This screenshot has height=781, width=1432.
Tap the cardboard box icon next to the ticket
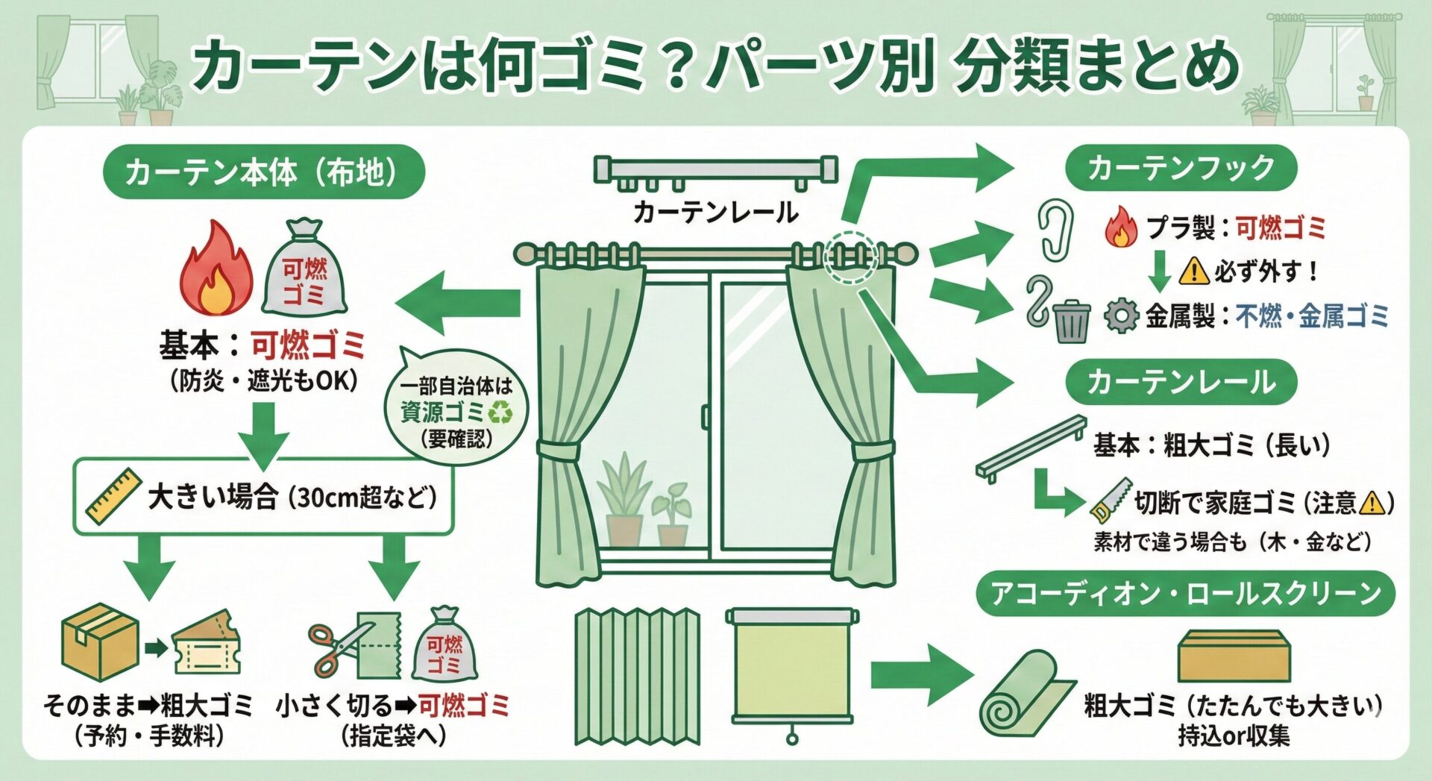click(x=99, y=643)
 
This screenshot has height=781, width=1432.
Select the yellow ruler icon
click(x=113, y=495)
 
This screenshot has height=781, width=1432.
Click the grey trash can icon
click(x=1072, y=320)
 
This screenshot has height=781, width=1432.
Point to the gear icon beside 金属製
click(x=1121, y=316)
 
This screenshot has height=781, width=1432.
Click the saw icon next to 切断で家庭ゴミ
click(x=1110, y=500)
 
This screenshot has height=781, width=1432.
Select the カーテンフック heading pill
click(x=1181, y=168)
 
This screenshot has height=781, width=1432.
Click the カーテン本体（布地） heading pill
click(x=263, y=172)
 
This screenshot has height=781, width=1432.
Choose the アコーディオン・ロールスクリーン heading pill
click(x=1185, y=594)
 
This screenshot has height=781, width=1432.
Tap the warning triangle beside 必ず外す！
click(x=1193, y=270)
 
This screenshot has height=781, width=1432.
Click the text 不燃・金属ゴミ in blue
click(x=1312, y=316)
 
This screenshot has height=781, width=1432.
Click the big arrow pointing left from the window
click(x=456, y=302)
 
